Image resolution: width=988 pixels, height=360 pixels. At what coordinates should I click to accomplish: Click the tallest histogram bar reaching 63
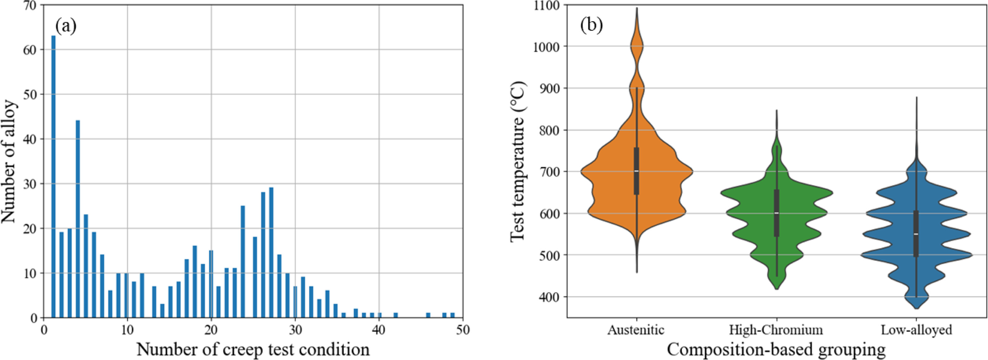point(53,176)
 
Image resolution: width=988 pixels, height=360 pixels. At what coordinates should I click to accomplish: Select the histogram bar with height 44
point(78,219)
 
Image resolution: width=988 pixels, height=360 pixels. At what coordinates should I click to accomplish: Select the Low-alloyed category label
point(916,330)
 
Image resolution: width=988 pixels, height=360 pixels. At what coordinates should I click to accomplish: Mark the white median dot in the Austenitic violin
point(637,171)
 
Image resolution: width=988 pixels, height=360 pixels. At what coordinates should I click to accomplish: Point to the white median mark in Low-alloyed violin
point(916,234)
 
